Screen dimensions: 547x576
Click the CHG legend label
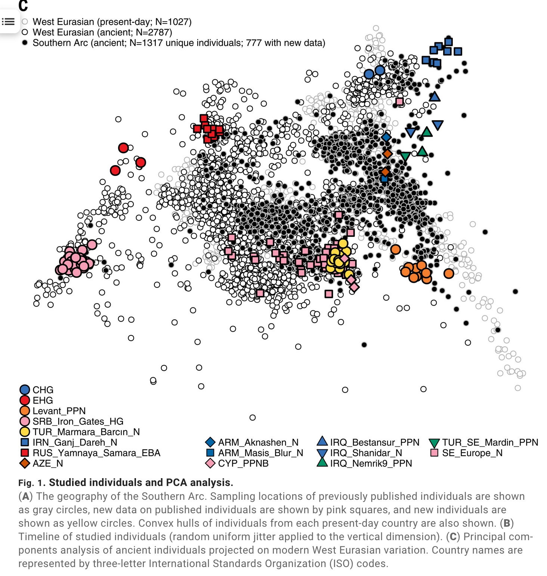pyautogui.click(x=43, y=390)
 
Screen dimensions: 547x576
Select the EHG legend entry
pyautogui.click(x=43, y=400)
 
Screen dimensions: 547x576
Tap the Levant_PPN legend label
pyautogui.click(x=59, y=411)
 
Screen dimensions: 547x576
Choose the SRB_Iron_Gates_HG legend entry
pyautogui.click(x=78, y=421)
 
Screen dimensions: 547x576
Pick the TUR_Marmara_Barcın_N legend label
pyautogui.click(x=86, y=432)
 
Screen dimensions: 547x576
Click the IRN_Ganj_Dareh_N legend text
pyautogui.click(x=75, y=442)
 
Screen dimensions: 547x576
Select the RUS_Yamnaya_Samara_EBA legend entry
pyautogui.click(x=96, y=453)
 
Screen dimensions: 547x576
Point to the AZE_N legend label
pyautogui.click(x=48, y=463)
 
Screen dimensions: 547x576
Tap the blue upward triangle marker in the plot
pyautogui.click(x=434, y=97)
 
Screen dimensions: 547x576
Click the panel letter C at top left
pyautogui.click(x=23, y=5)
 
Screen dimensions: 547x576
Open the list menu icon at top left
pyautogui.click(x=8, y=22)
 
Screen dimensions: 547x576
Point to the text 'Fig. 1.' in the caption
pyautogui.click(x=32, y=483)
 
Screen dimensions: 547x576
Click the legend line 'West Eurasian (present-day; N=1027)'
pyautogui.click(x=112, y=22)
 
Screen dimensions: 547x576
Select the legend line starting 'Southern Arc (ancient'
pyautogui.click(x=179, y=43)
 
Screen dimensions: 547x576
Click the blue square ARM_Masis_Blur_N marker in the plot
pyautogui.click(x=384, y=179)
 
